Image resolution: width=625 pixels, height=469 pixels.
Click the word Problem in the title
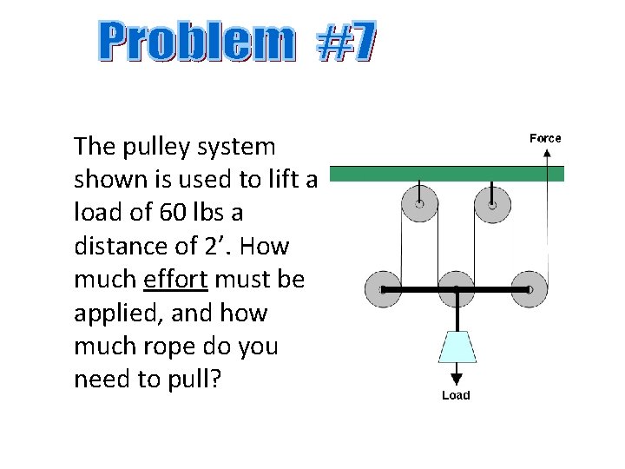[196, 43]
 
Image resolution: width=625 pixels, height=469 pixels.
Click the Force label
[545, 138]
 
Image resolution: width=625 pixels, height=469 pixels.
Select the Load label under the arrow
[456, 395]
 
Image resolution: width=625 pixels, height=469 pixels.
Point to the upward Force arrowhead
[547, 153]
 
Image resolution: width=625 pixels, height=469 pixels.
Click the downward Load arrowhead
[456, 379]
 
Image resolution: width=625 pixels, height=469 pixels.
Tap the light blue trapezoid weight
[456, 346]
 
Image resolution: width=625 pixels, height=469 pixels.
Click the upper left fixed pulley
[419, 205]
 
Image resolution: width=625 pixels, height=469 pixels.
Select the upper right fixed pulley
[492, 205]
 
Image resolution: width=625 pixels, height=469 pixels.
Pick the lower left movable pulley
[383, 288]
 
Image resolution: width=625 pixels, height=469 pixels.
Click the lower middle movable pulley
[456, 288]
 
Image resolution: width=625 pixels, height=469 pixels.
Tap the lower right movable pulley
[529, 288]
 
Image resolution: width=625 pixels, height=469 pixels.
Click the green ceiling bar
[447, 174]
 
